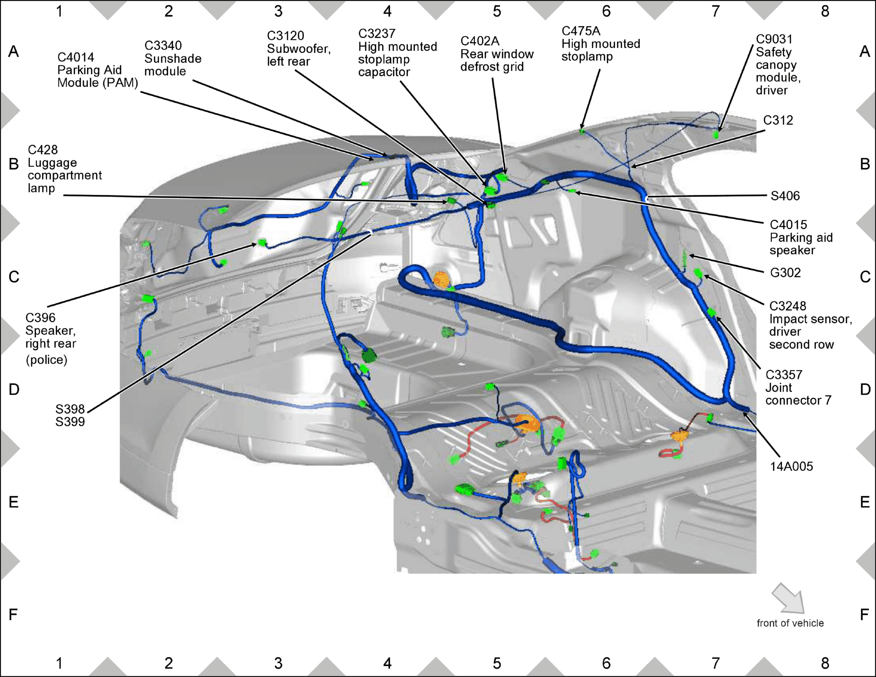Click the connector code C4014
point(76,57)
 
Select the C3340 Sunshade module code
point(163,45)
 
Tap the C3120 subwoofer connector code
point(285,36)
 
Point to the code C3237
point(377,33)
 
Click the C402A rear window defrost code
point(480,41)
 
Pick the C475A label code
point(581,31)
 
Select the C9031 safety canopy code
point(774,39)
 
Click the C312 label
point(778,120)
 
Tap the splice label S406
point(785,196)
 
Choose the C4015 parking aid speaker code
point(788,224)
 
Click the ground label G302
point(785,273)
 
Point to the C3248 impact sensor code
point(788,306)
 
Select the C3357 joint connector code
point(784,374)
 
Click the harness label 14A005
point(791,466)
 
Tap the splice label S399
point(70,422)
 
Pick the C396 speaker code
point(40,318)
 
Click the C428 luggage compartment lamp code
point(43,150)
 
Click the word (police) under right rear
point(46,360)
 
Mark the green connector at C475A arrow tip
point(582,132)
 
